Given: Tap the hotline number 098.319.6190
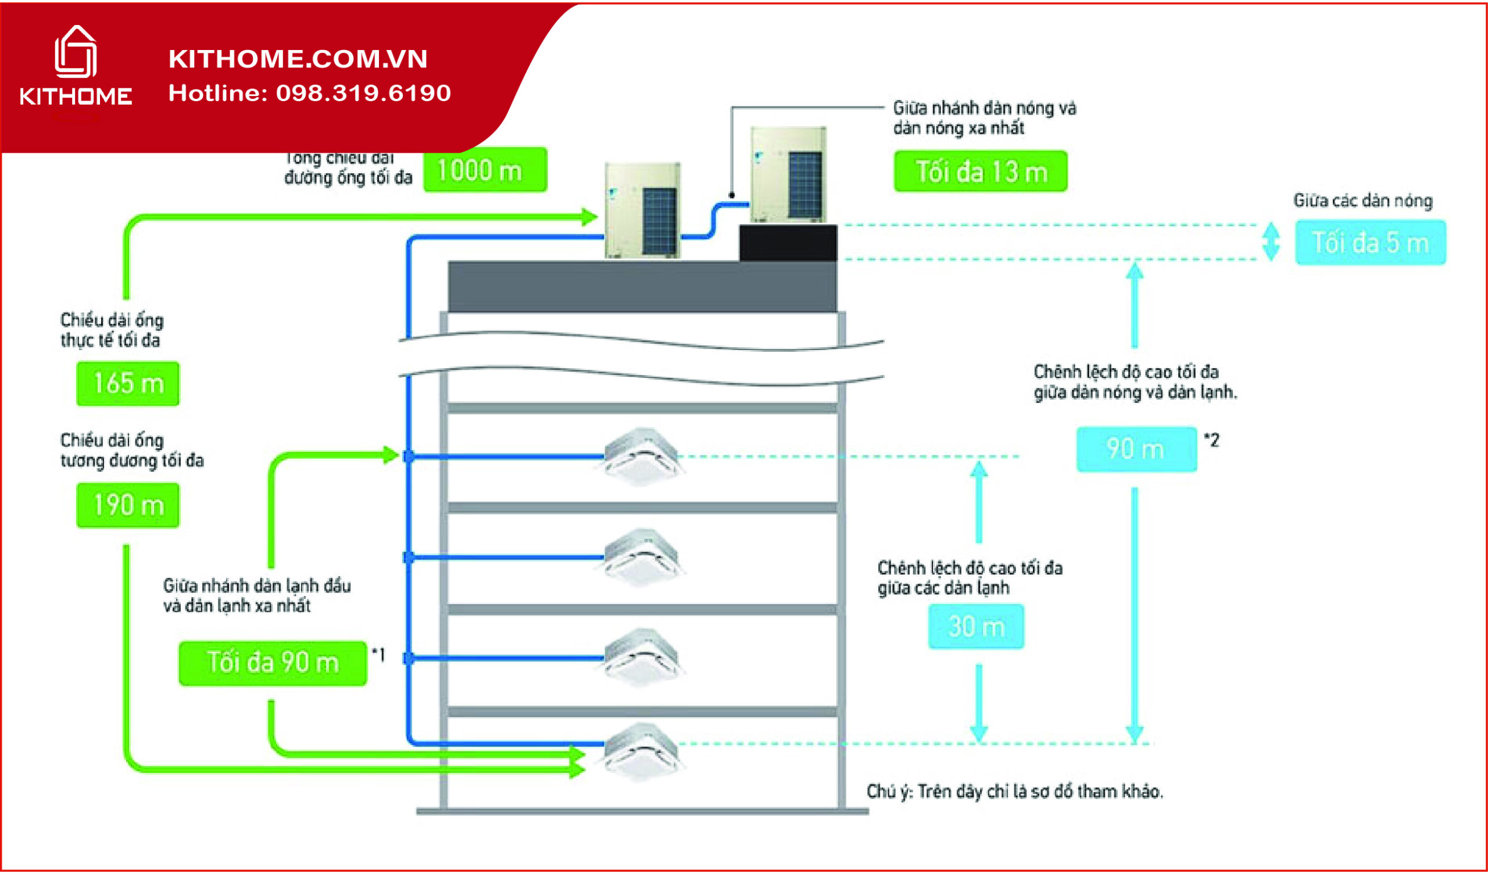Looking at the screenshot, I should (363, 93).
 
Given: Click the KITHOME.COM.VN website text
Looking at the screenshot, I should (298, 59).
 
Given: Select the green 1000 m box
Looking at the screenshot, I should (485, 170).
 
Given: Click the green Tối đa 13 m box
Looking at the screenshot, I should (980, 172).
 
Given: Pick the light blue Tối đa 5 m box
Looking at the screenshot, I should (1370, 242).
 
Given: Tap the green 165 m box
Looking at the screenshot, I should (127, 384).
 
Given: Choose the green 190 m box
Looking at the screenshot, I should (127, 505).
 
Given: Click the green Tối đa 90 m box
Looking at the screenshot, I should (272, 663).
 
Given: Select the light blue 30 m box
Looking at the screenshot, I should (976, 626).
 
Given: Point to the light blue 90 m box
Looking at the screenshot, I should (1136, 450).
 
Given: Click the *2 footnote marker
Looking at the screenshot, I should (1211, 440).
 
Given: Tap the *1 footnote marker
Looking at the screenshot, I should (378, 654).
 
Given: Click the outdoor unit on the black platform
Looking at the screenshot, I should (788, 175).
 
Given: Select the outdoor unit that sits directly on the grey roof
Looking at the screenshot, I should (642, 211).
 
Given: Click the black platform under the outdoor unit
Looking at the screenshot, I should (788, 242).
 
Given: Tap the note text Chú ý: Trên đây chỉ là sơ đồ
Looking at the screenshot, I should (1014, 791).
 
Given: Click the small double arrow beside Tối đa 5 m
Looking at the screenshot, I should (1271, 241).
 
